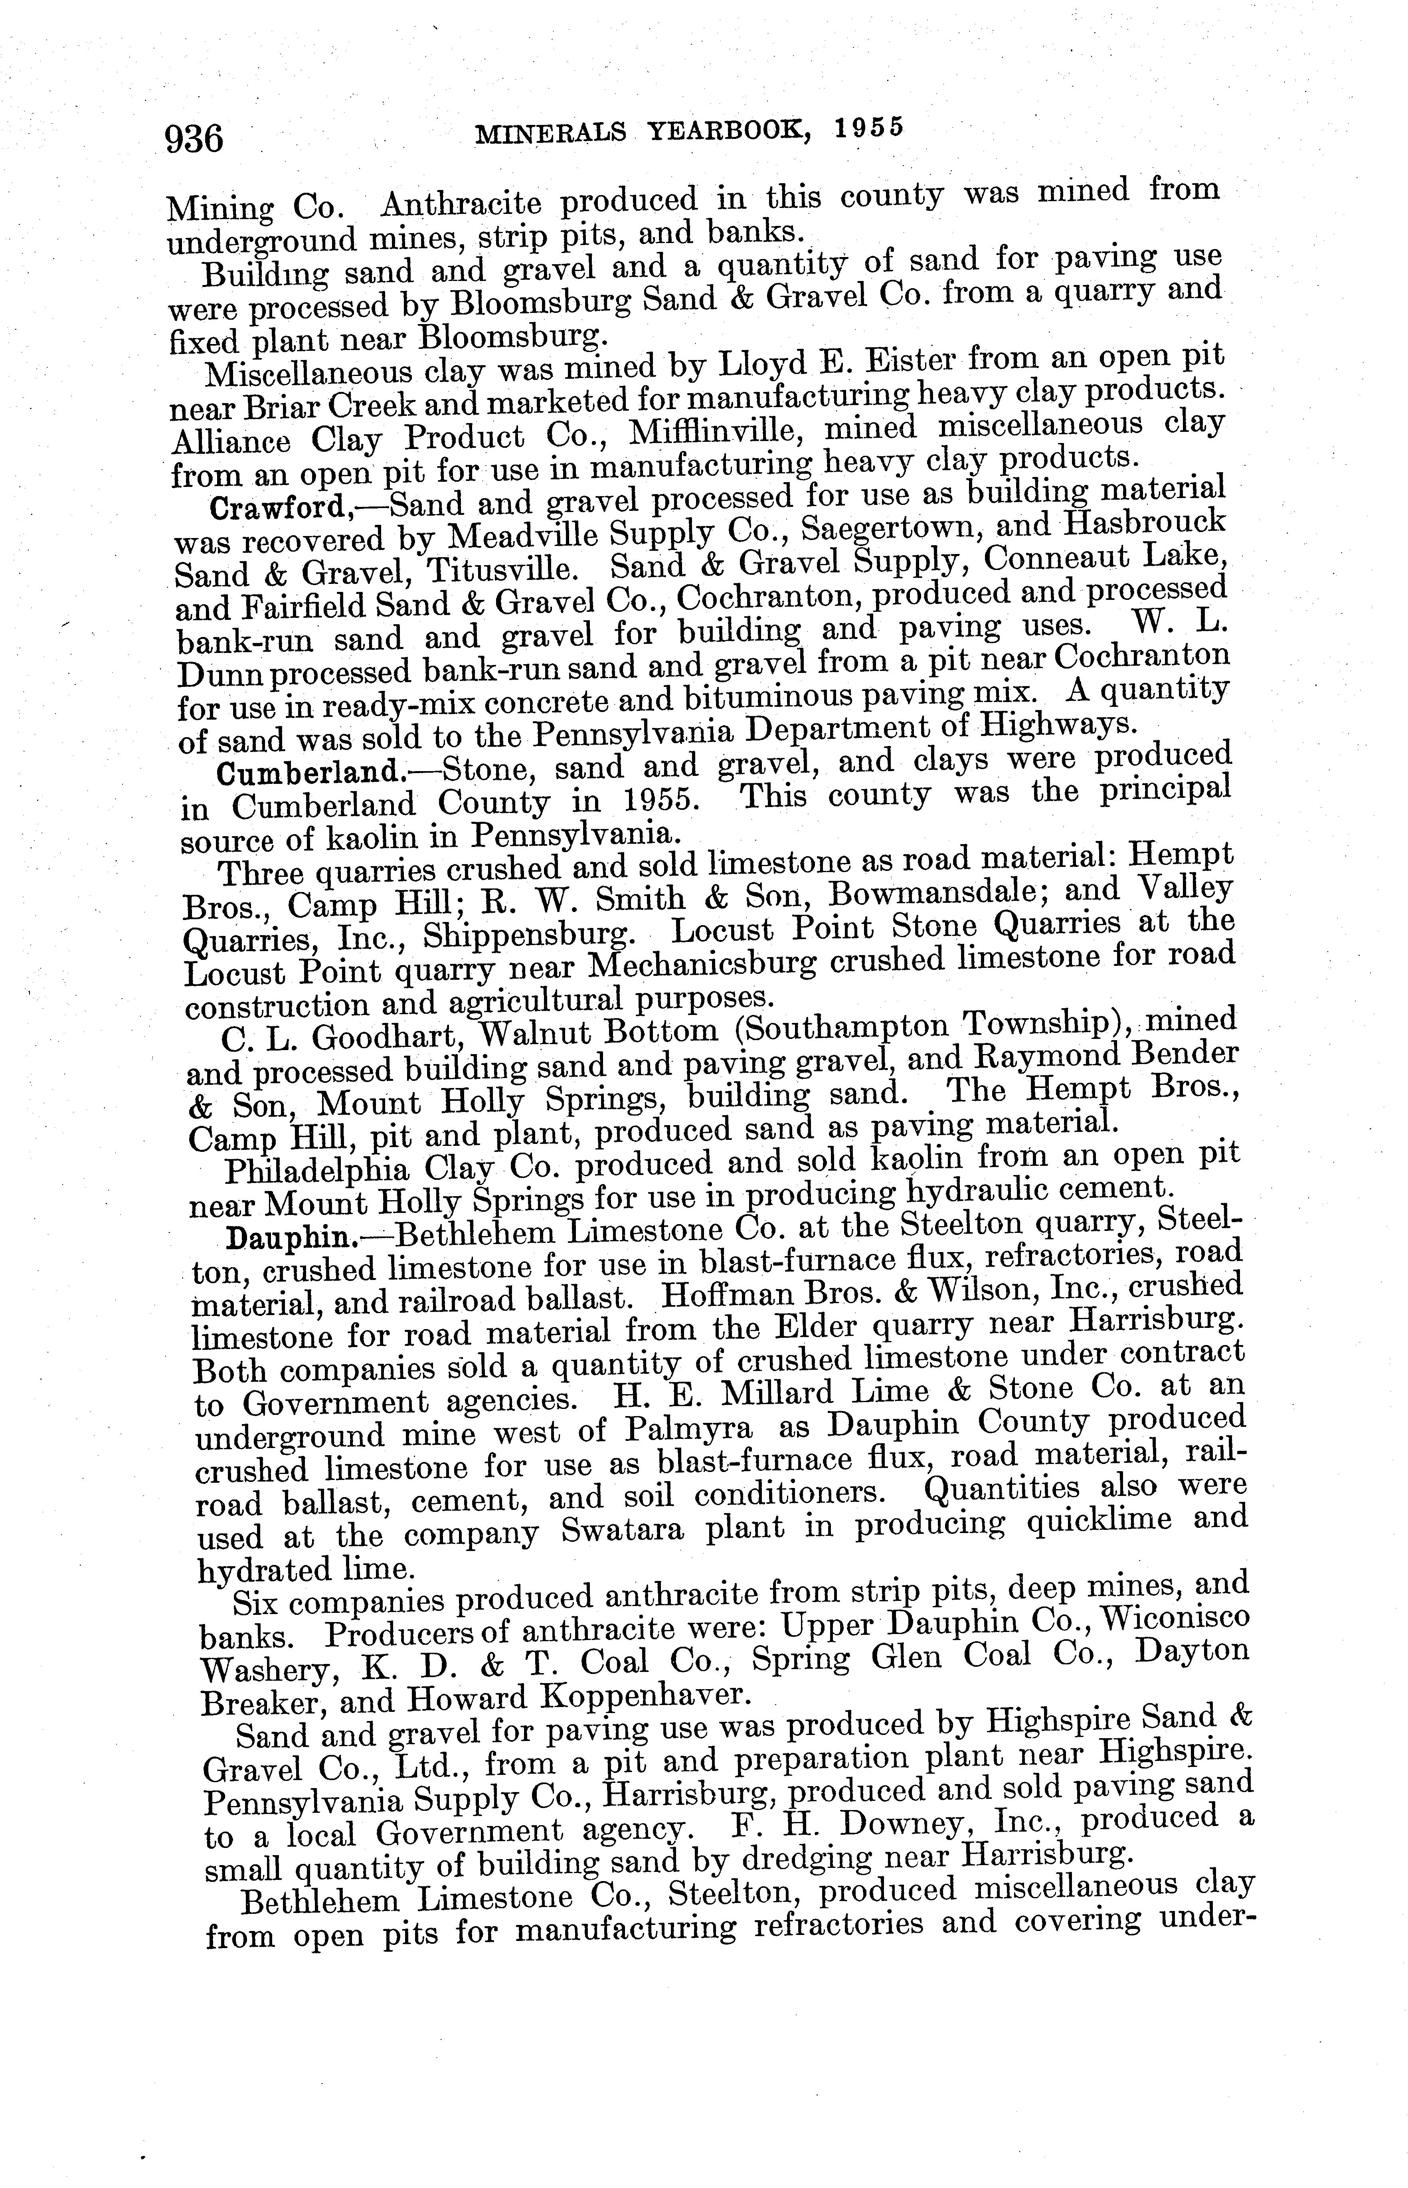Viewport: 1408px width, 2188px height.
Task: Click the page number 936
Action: click(194, 139)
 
